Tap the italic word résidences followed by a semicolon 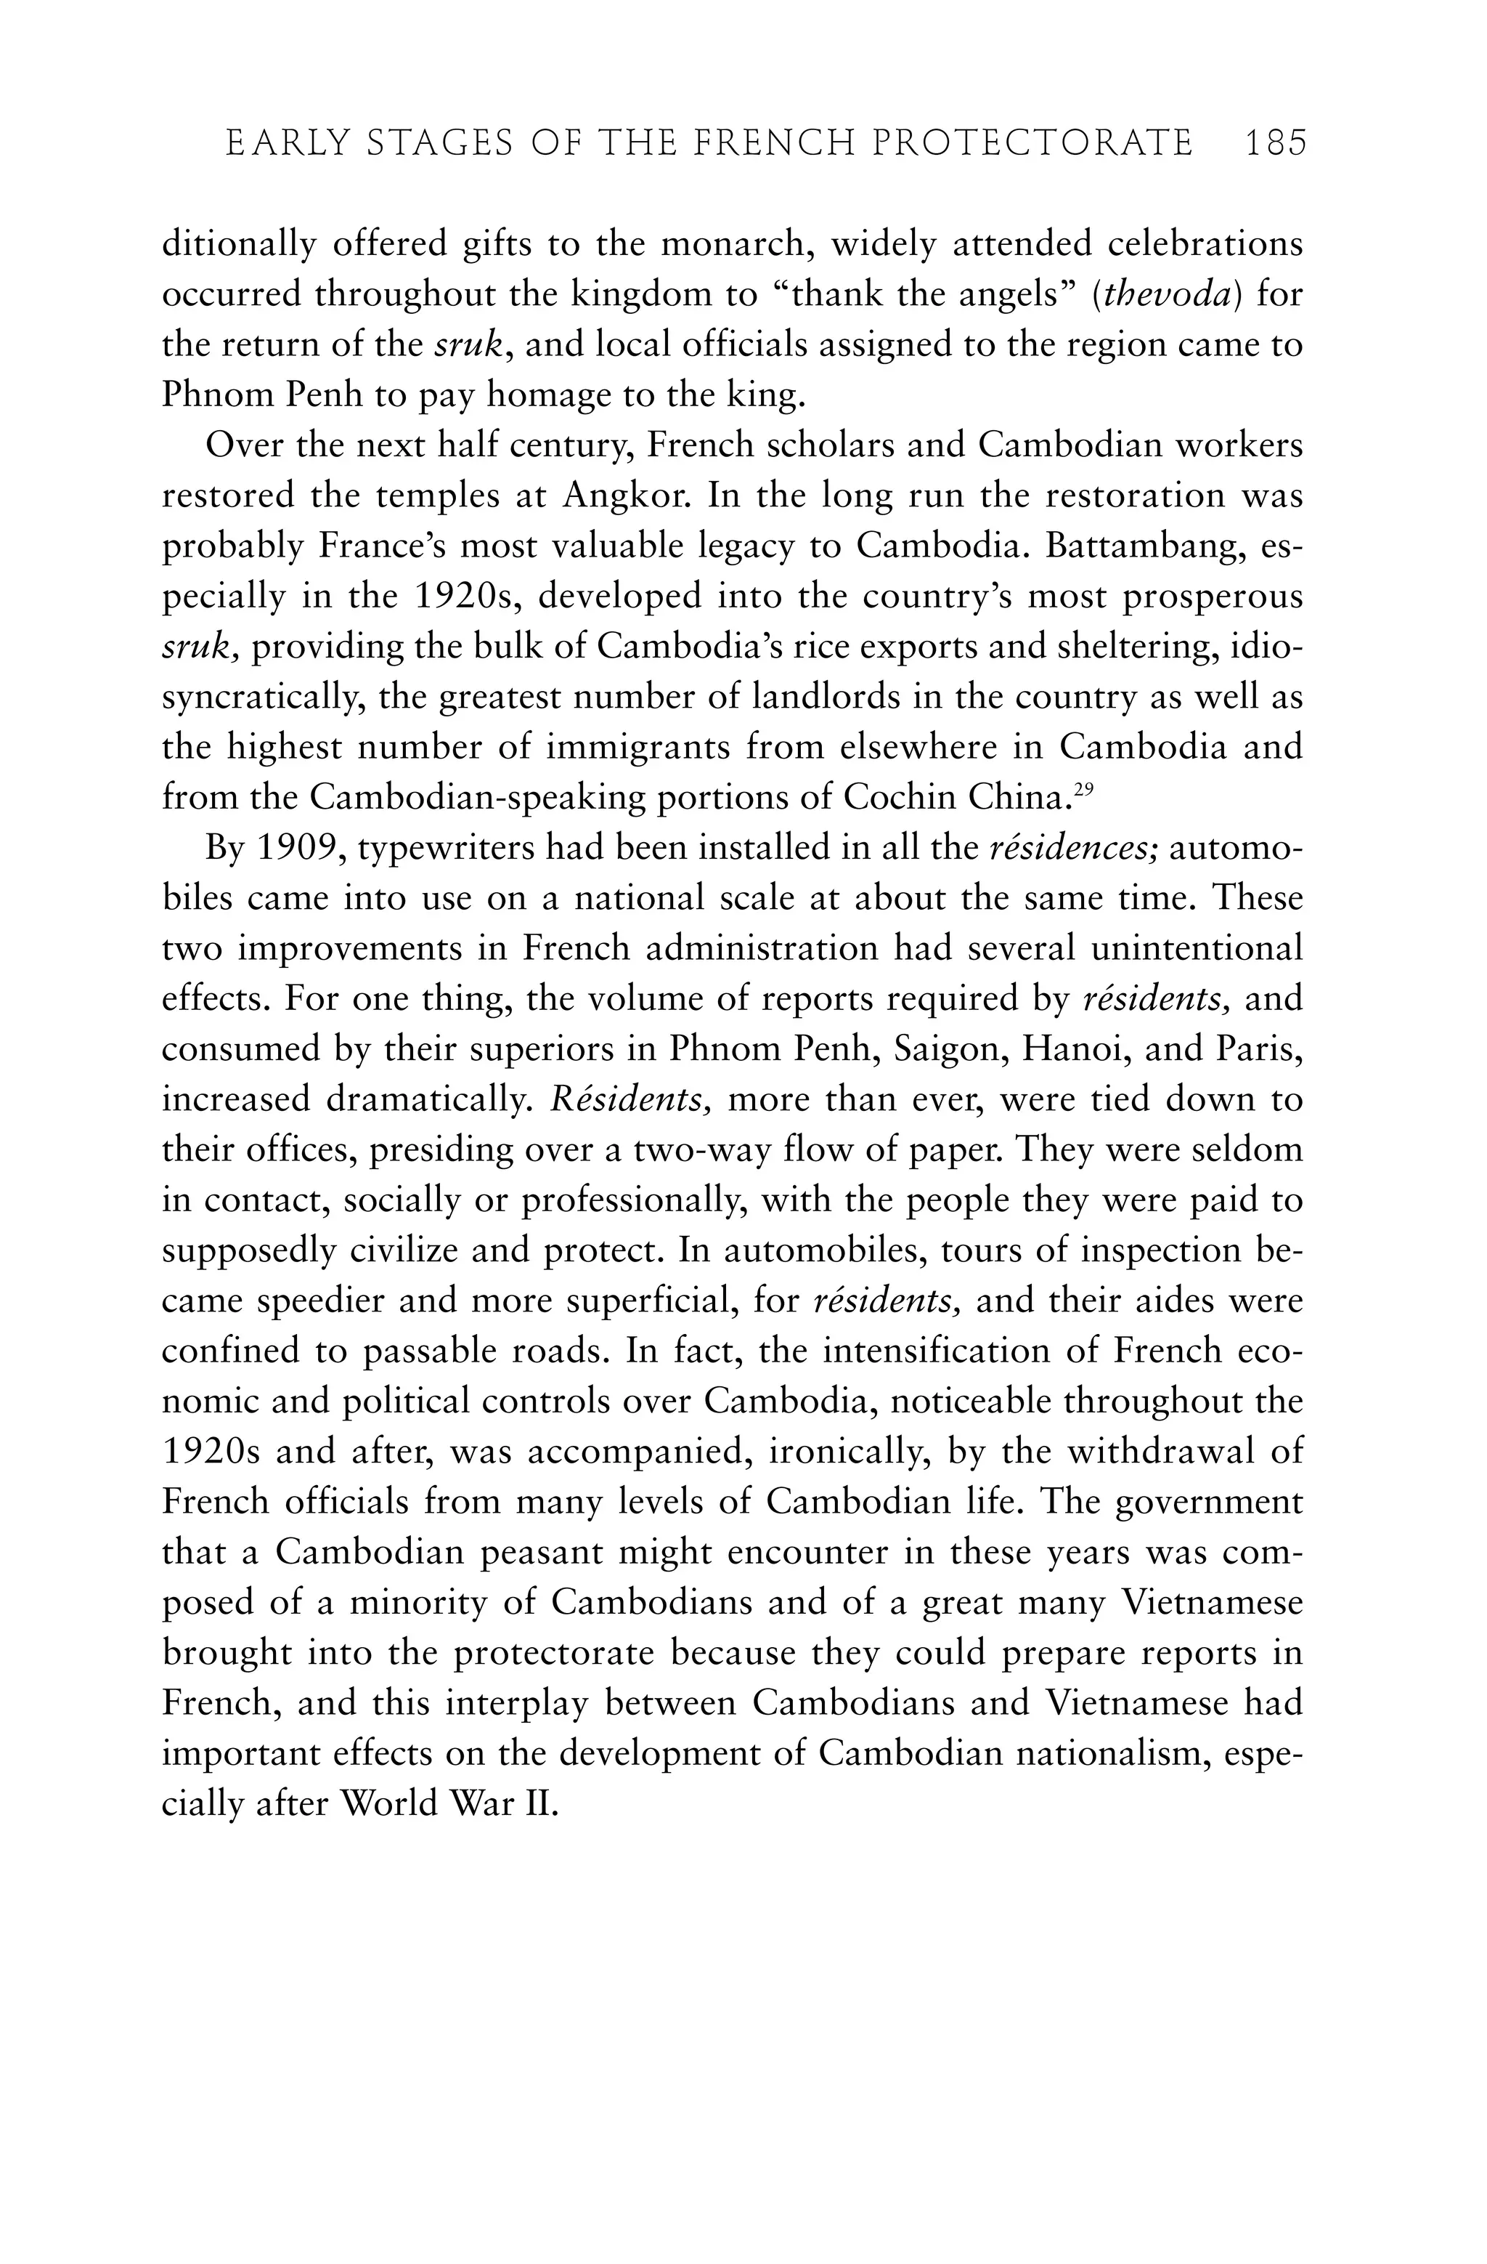coord(1072,849)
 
